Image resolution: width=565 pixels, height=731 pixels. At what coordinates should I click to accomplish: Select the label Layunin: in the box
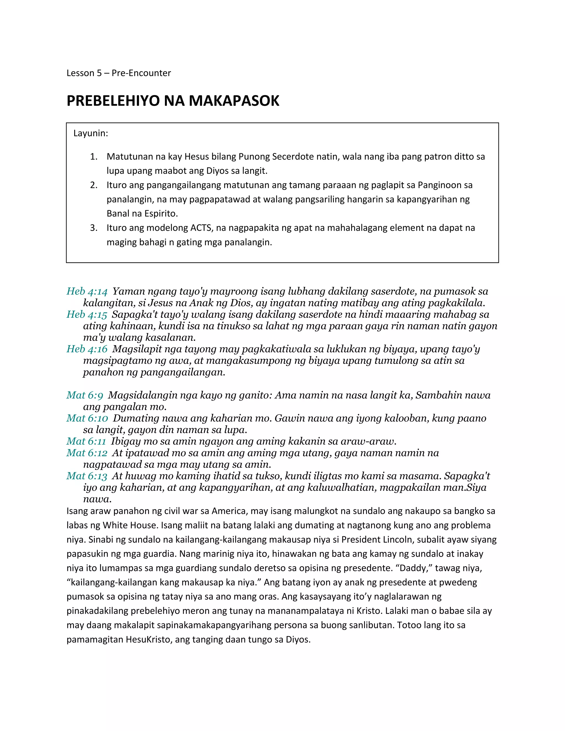click(91, 133)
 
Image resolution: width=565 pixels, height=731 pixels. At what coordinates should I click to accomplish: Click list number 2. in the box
click(94, 185)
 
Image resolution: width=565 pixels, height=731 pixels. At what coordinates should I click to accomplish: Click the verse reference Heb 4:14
click(87, 291)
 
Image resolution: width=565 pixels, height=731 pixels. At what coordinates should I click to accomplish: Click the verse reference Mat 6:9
click(85, 395)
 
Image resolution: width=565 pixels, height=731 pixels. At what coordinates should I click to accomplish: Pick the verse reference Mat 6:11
click(86, 441)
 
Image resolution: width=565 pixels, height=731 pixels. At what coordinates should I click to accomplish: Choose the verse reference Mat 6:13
click(87, 476)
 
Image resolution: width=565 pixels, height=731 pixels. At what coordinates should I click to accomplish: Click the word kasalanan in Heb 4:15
click(170, 337)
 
